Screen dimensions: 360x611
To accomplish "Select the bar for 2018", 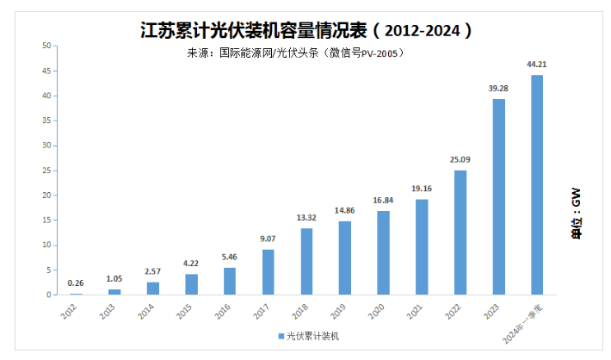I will click(306, 261).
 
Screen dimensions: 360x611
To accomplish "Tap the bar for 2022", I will click(460, 232).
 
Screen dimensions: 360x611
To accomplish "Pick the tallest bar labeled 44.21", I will click(537, 184).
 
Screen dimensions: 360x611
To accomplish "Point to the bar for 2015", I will click(191, 284).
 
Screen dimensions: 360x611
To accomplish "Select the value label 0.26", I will click(76, 283).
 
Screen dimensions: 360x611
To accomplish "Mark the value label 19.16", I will click(422, 189).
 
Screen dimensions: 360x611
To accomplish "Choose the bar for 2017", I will click(268, 272).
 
